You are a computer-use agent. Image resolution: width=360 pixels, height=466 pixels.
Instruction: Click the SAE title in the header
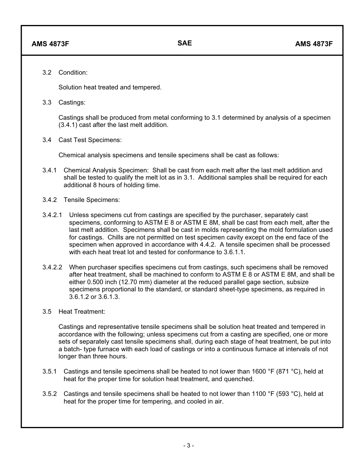185,43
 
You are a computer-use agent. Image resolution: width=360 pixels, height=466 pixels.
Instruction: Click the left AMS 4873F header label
50,44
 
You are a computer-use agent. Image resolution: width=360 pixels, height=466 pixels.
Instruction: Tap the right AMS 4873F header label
314,44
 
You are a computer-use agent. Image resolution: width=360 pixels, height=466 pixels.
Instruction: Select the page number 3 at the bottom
188,446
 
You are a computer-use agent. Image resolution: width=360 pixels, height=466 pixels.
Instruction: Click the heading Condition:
73,72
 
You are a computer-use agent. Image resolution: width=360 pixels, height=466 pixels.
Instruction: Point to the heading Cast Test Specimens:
90,140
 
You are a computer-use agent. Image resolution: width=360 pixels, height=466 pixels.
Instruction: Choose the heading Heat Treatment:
81,311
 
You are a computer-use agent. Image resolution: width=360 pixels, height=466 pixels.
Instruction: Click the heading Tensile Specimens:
91,200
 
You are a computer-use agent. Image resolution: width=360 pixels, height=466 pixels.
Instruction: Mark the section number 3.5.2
50,394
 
